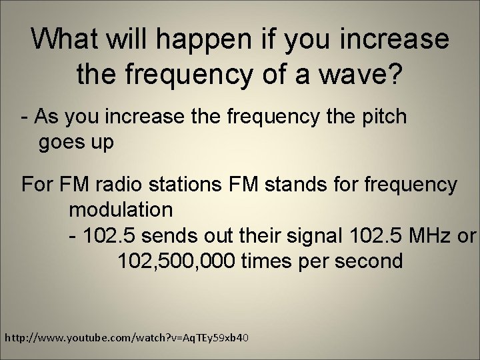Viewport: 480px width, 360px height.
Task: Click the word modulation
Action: coord(121,209)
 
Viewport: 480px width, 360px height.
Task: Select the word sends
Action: coord(175,235)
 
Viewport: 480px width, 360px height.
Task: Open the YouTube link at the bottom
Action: coord(127,339)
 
